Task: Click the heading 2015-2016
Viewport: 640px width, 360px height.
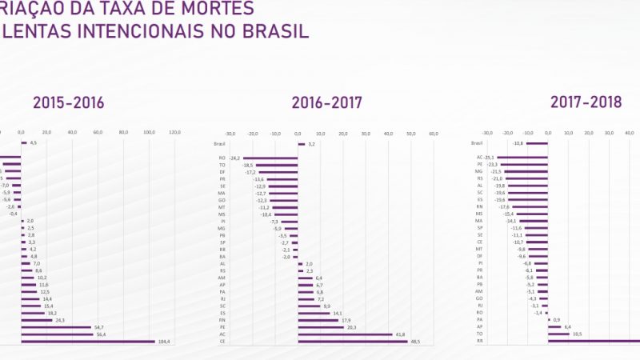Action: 68,102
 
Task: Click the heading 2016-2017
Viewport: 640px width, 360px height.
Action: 326,102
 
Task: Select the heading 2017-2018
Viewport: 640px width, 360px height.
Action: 586,102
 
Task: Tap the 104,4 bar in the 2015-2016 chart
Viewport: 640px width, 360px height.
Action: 88,341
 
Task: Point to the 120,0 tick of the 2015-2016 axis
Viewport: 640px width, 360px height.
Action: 174,132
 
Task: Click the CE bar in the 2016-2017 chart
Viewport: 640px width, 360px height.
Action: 353,341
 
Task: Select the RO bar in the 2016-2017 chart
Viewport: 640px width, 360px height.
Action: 270,158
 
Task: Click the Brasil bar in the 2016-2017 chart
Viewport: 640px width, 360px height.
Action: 302,144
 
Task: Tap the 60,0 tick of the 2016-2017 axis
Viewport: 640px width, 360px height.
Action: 434,134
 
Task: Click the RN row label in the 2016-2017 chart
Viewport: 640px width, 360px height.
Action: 222,320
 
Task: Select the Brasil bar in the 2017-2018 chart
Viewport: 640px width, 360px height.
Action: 537,144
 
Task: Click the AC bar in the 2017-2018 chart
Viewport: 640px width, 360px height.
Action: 522,158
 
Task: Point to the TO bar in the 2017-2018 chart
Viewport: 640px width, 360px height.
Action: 558,334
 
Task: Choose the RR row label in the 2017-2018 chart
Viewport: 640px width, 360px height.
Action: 479,341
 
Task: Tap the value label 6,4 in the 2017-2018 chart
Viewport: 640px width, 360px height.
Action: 567,326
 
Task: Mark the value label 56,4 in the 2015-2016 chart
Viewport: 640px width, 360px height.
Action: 99,334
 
